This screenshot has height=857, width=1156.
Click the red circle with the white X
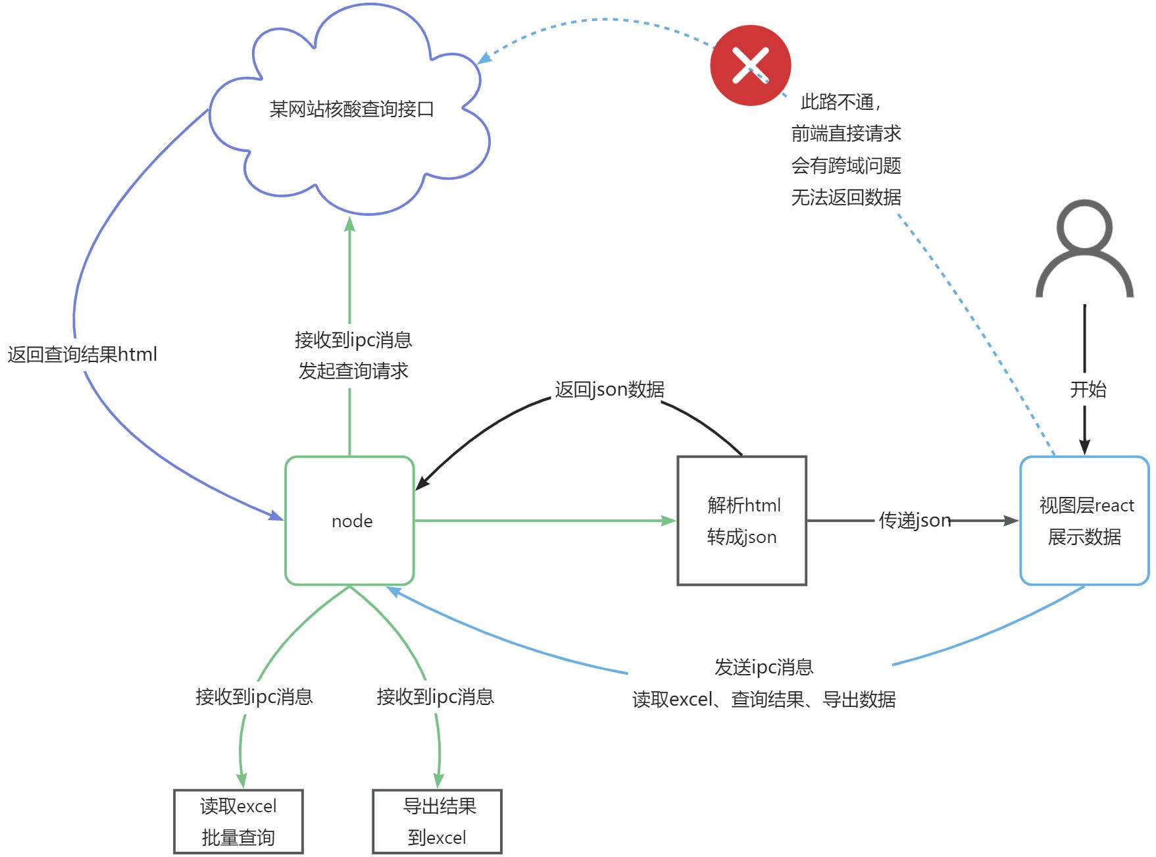[750, 65]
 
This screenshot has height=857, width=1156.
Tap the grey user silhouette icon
[1084, 250]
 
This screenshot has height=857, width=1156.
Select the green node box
[349, 521]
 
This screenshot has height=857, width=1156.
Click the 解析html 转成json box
[741, 521]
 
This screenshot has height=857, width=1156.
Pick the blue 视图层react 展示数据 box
[1084, 521]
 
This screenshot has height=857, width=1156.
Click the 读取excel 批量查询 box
[238, 821]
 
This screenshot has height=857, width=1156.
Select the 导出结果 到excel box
[437, 821]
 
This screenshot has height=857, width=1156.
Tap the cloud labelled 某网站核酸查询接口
[351, 109]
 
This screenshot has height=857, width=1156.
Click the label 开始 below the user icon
[1088, 389]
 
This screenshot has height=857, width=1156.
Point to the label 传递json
[915, 521]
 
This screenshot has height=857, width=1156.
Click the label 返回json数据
[609, 389]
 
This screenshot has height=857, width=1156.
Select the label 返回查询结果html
[82, 355]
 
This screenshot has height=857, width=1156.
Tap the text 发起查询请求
[353, 371]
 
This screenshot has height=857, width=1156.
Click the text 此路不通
[838, 102]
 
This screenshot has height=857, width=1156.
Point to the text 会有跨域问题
[846, 165]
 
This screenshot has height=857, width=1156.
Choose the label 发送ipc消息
[764, 667]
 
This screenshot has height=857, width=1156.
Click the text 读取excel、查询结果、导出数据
[764, 699]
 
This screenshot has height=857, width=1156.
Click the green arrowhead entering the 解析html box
[668, 521]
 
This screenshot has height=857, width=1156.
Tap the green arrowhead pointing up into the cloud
[349, 224]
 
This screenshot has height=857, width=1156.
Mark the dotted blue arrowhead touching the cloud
[484, 59]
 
